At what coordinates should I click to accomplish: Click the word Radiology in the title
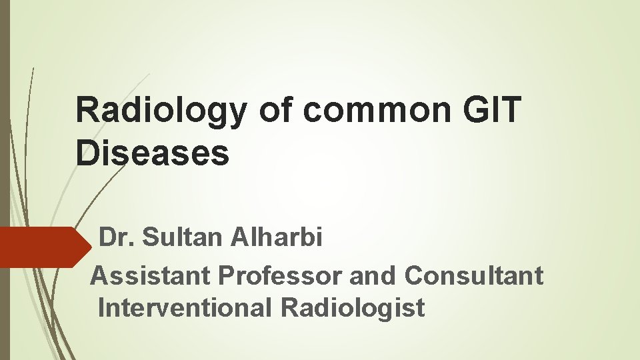pos(161,110)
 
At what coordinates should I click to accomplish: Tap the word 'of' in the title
pos(275,110)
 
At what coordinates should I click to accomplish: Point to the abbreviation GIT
pos(493,110)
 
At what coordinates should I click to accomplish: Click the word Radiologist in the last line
pos(353,308)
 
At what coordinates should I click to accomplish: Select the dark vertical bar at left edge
pos(5,180)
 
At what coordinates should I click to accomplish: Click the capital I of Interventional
pos(100,308)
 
